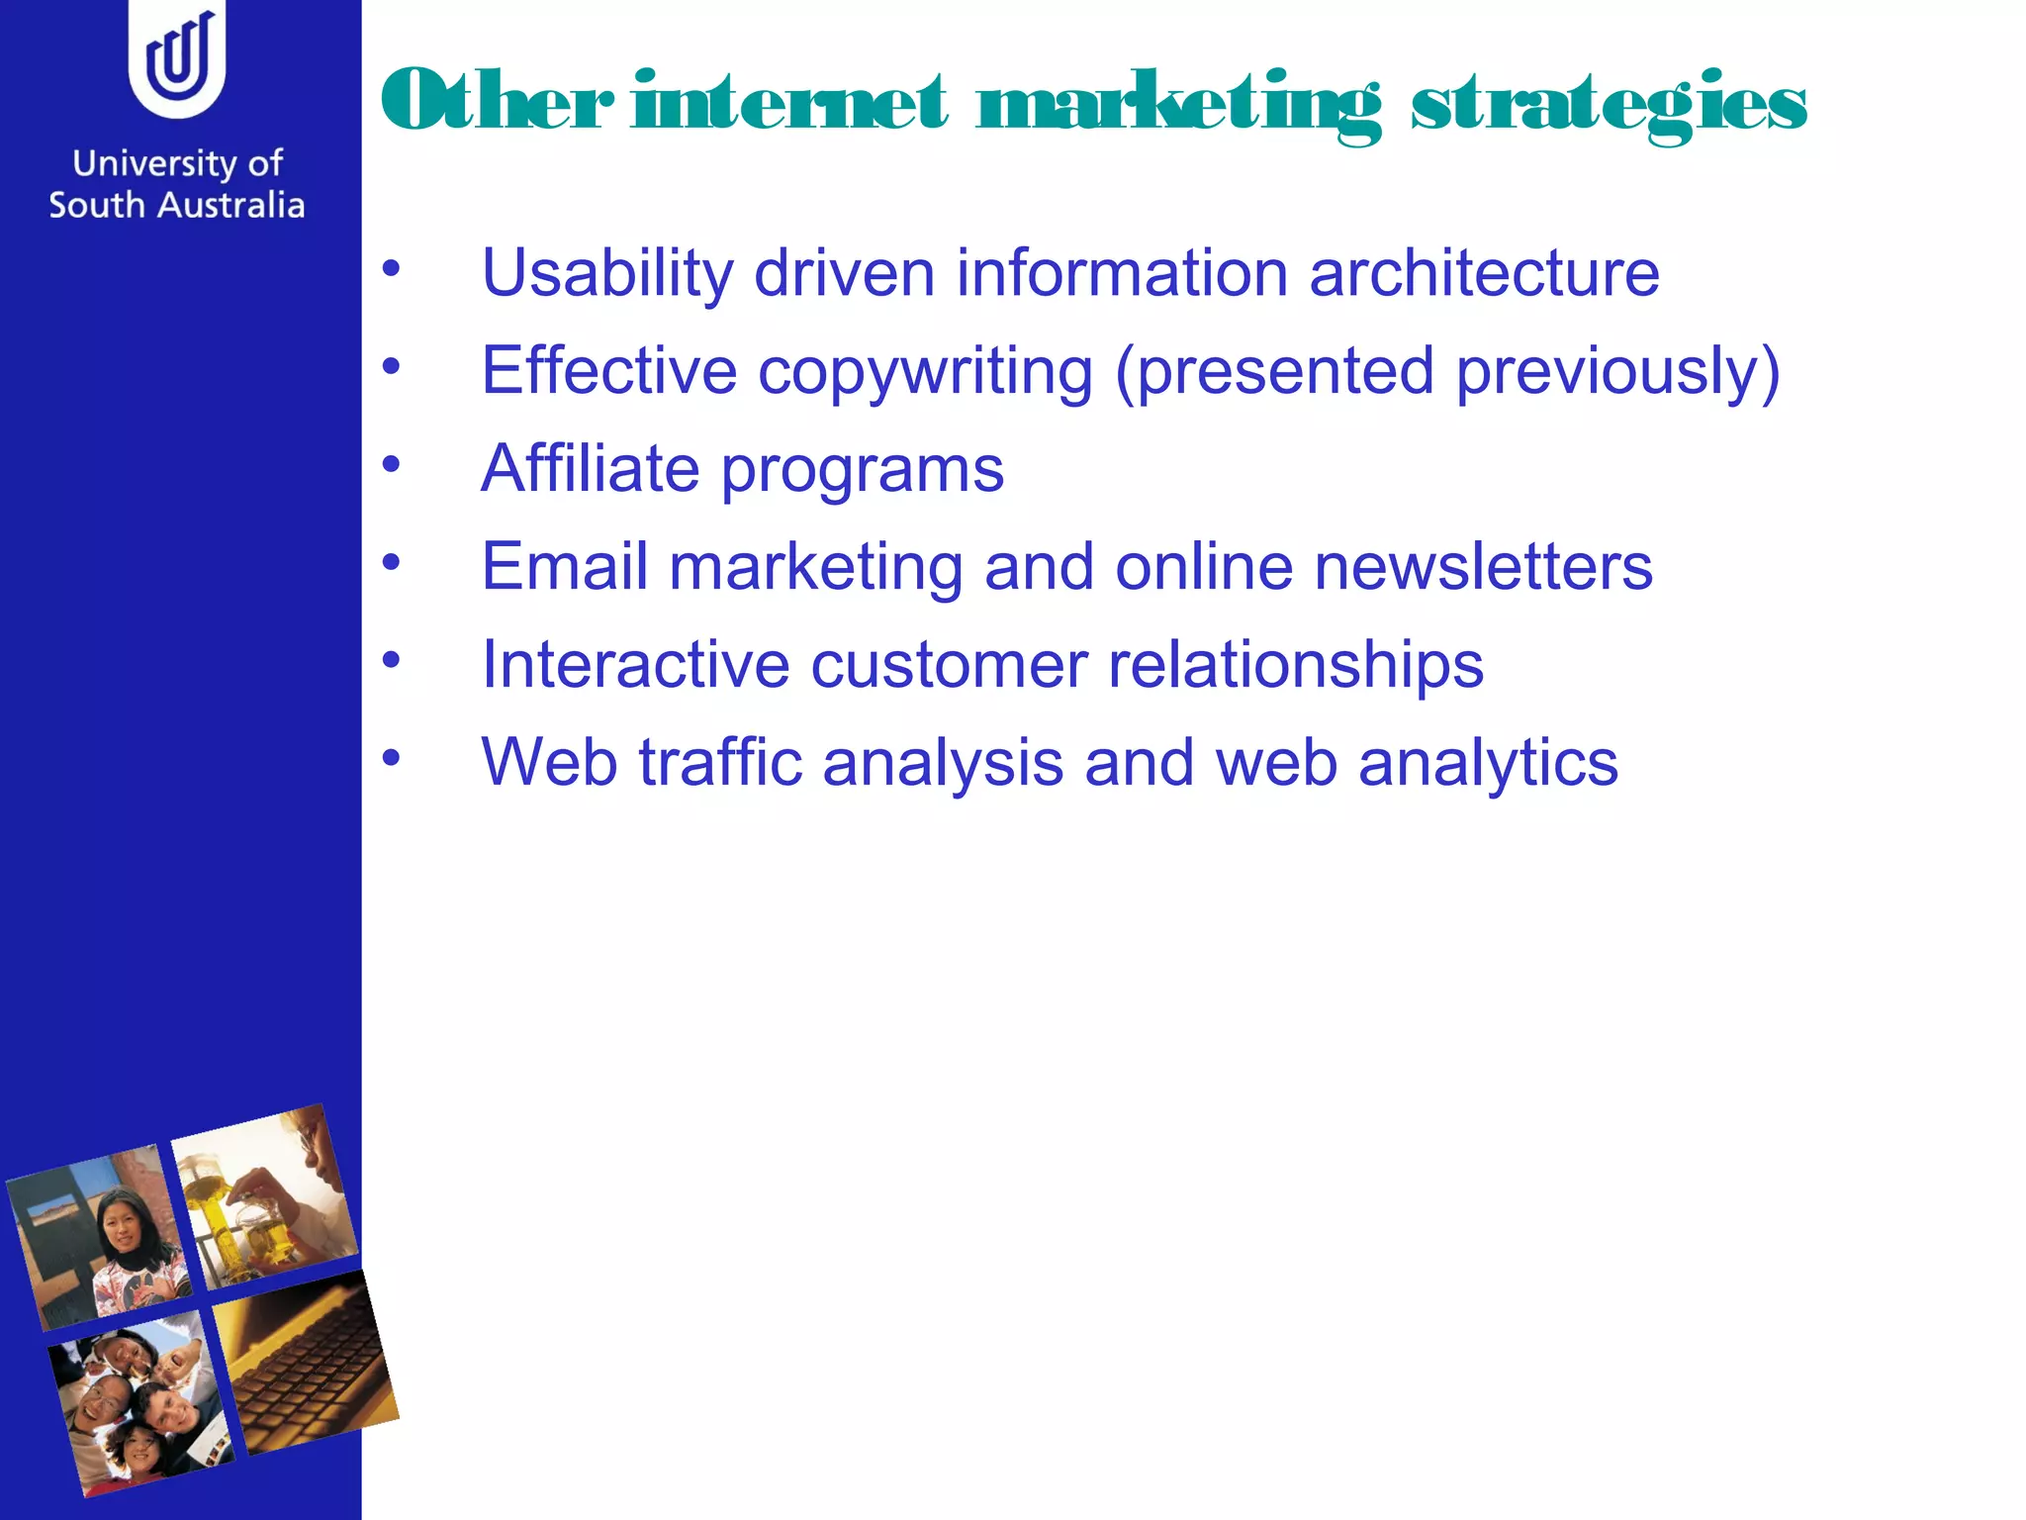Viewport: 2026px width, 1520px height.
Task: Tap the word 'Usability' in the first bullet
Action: (606, 274)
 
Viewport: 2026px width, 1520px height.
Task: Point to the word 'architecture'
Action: (1484, 273)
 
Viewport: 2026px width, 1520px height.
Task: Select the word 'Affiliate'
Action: (590, 468)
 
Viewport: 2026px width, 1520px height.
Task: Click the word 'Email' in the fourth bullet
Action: (565, 567)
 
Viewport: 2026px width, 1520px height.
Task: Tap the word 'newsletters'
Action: (1483, 567)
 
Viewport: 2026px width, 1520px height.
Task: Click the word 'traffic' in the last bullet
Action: (720, 763)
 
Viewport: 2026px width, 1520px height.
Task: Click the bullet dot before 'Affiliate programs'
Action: (392, 463)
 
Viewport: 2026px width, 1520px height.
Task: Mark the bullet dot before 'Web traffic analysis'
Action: (392, 758)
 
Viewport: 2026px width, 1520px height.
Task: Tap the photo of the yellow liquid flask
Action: (265, 1197)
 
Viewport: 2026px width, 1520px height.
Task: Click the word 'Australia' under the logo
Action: (231, 206)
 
